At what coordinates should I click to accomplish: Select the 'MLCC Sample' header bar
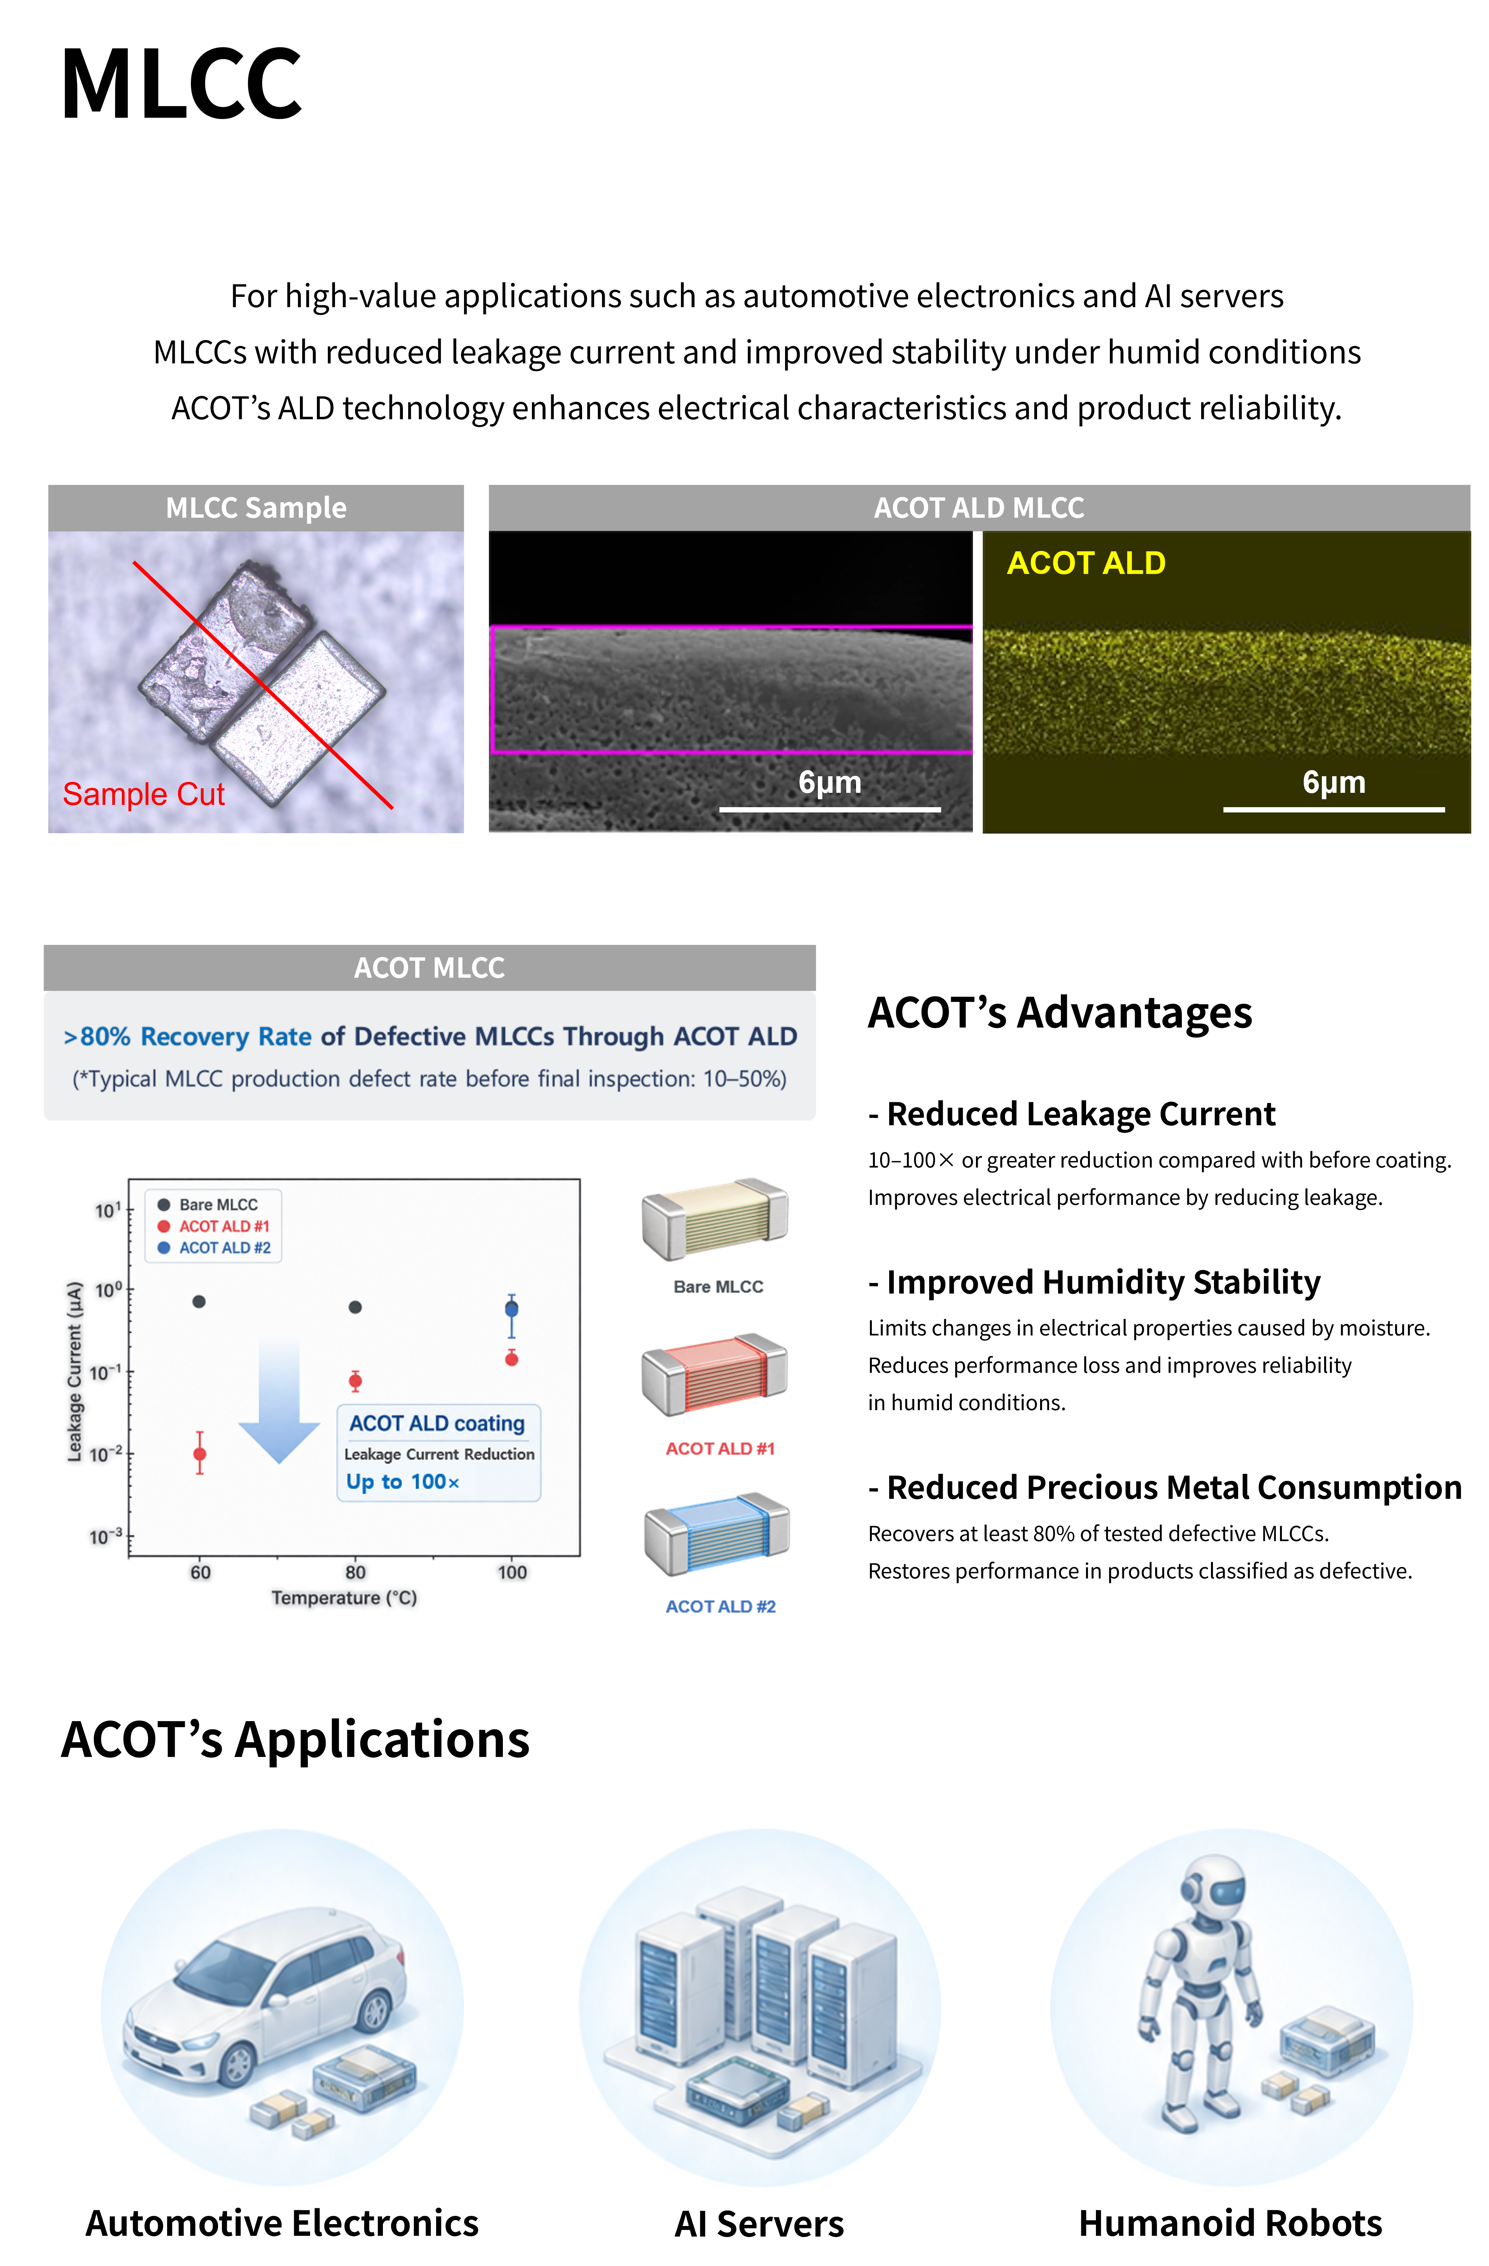click(x=256, y=508)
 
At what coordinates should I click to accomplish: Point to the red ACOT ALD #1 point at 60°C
click(x=200, y=1454)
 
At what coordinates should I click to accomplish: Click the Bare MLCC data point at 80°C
click(x=355, y=1307)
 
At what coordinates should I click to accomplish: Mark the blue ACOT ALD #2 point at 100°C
click(x=511, y=1309)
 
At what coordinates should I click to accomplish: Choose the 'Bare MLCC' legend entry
click(x=209, y=1205)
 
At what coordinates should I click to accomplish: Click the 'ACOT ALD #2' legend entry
click(x=214, y=1247)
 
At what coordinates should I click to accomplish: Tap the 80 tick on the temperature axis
click(x=355, y=1572)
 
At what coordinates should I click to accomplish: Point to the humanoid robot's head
click(x=1211, y=1880)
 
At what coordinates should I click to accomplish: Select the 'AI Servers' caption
click(x=759, y=2223)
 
